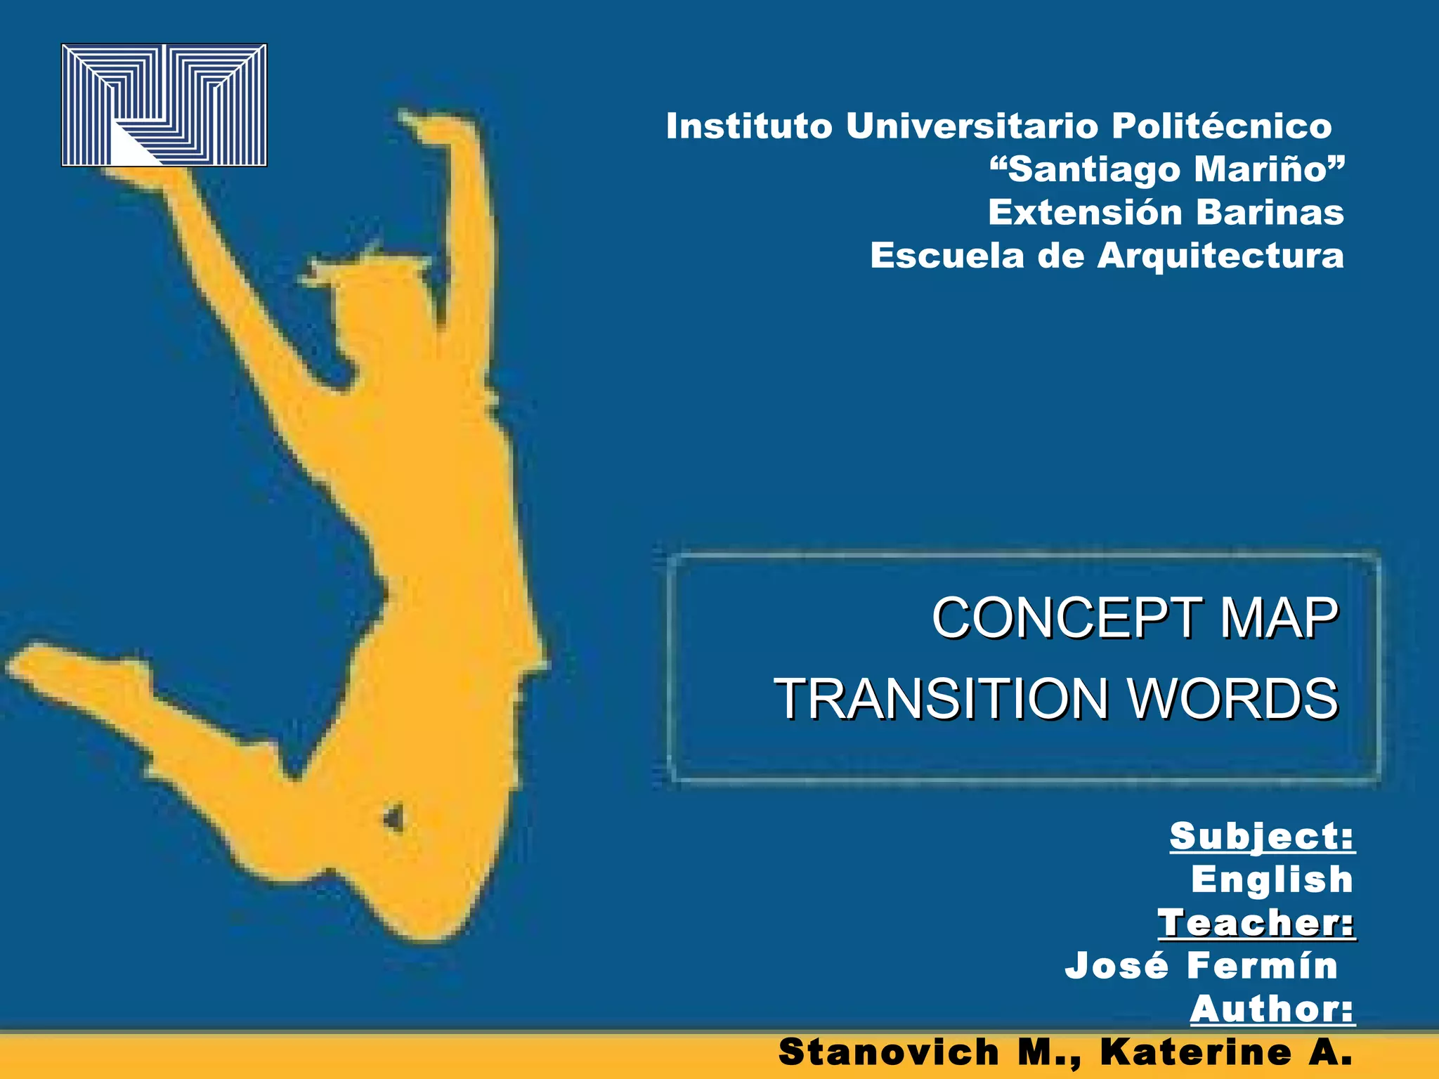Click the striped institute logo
click(x=164, y=105)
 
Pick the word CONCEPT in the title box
click(x=1066, y=618)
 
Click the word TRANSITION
click(x=940, y=699)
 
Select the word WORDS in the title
click(x=1232, y=699)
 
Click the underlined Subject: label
click(x=1262, y=837)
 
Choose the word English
click(x=1272, y=879)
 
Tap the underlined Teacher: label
click(x=1256, y=923)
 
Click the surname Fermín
click(x=1262, y=966)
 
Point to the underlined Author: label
click(x=1272, y=1009)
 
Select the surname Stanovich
click(x=889, y=1052)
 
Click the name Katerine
click(x=1196, y=1052)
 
